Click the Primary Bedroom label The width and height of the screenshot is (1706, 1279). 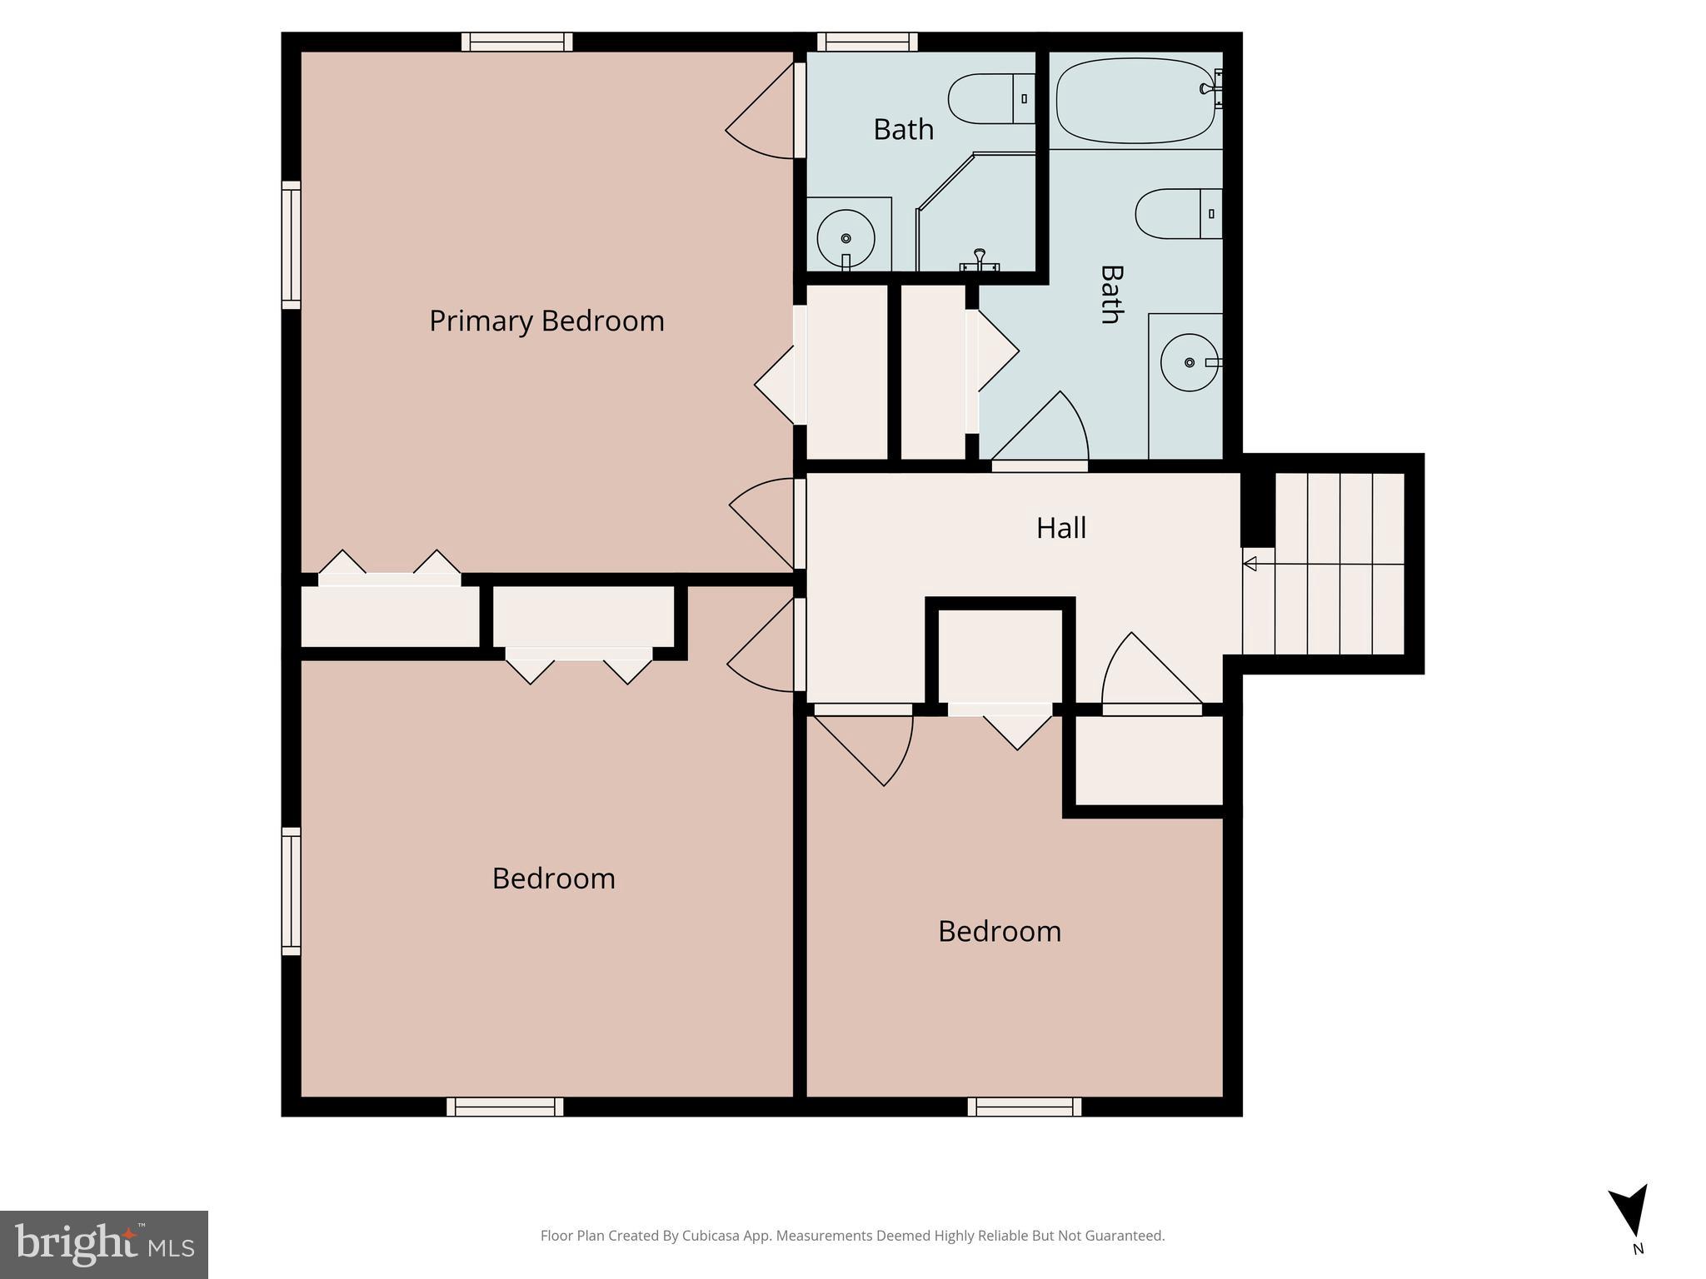coord(546,321)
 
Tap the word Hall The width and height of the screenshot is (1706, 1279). coord(1060,528)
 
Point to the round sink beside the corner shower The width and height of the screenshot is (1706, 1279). coord(846,238)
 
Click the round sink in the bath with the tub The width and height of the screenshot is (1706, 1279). coord(1190,362)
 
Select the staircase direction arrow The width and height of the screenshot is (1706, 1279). coord(1250,565)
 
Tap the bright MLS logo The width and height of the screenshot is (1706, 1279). coord(104,1245)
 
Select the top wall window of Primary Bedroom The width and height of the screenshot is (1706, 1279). coord(516,42)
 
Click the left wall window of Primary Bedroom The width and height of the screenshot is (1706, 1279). coord(291,245)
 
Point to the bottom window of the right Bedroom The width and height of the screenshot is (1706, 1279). coord(1024,1107)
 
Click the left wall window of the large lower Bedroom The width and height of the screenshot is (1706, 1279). coord(291,891)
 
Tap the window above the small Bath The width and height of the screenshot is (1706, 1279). coord(866,42)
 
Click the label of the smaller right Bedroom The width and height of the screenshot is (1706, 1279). coord(999,931)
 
